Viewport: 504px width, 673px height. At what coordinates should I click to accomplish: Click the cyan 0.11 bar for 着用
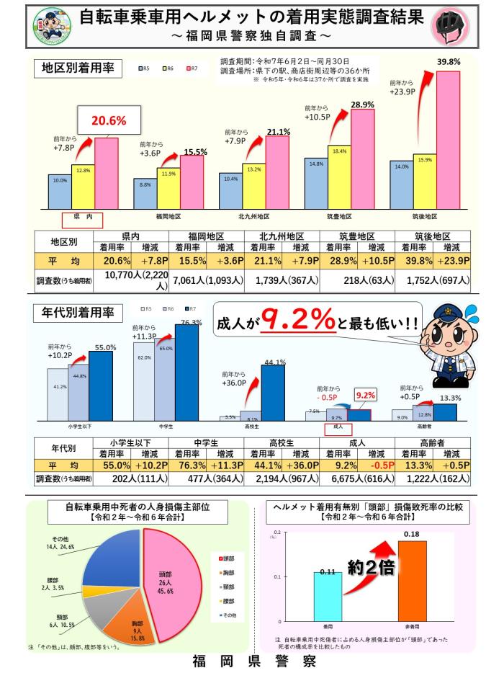[327, 595]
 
